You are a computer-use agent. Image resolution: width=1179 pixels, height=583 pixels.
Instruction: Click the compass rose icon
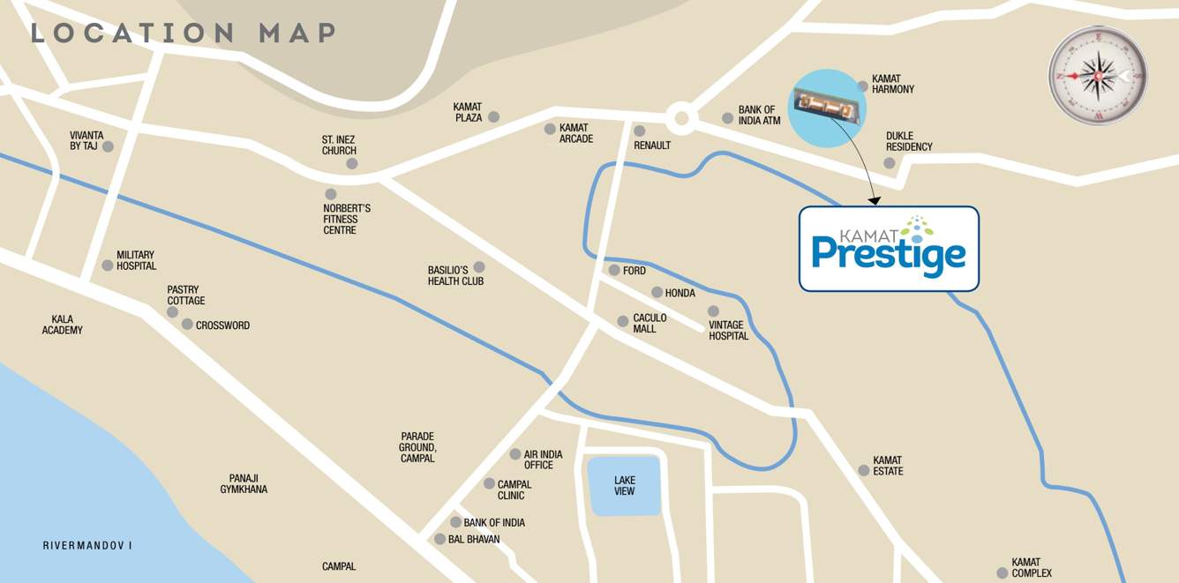[x=1098, y=76]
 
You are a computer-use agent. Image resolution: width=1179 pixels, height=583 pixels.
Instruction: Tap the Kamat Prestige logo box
[x=889, y=249]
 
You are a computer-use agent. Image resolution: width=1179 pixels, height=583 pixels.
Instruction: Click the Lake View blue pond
[x=624, y=486]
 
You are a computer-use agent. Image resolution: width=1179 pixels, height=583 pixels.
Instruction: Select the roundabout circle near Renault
[x=679, y=118]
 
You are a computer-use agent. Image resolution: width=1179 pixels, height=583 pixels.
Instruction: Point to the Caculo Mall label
[x=650, y=323]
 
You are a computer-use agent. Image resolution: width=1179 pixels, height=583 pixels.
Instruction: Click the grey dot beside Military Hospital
[x=108, y=265]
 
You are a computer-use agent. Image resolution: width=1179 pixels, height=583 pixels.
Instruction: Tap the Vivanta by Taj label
[x=86, y=140]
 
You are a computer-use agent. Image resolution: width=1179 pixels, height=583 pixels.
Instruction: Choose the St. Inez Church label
[x=339, y=145]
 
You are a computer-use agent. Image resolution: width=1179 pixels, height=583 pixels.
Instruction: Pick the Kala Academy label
[x=62, y=325]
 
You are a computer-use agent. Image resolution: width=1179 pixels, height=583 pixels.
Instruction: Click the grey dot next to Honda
[x=657, y=293]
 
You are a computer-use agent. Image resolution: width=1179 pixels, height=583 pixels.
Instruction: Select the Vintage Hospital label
[x=728, y=330]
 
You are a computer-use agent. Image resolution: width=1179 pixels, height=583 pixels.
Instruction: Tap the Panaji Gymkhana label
[x=244, y=483]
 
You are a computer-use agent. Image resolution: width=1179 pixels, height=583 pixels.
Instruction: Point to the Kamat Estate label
[x=888, y=466]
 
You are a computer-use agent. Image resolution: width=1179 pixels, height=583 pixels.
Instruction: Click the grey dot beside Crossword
[x=187, y=325]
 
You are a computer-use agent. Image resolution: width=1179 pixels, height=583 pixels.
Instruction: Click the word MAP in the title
[x=297, y=34]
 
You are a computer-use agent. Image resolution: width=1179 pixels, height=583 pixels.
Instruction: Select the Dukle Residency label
[x=909, y=141]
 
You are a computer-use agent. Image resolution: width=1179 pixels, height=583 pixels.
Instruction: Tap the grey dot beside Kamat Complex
[x=1002, y=573]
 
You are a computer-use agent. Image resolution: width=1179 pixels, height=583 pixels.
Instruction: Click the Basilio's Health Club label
[x=455, y=275]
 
